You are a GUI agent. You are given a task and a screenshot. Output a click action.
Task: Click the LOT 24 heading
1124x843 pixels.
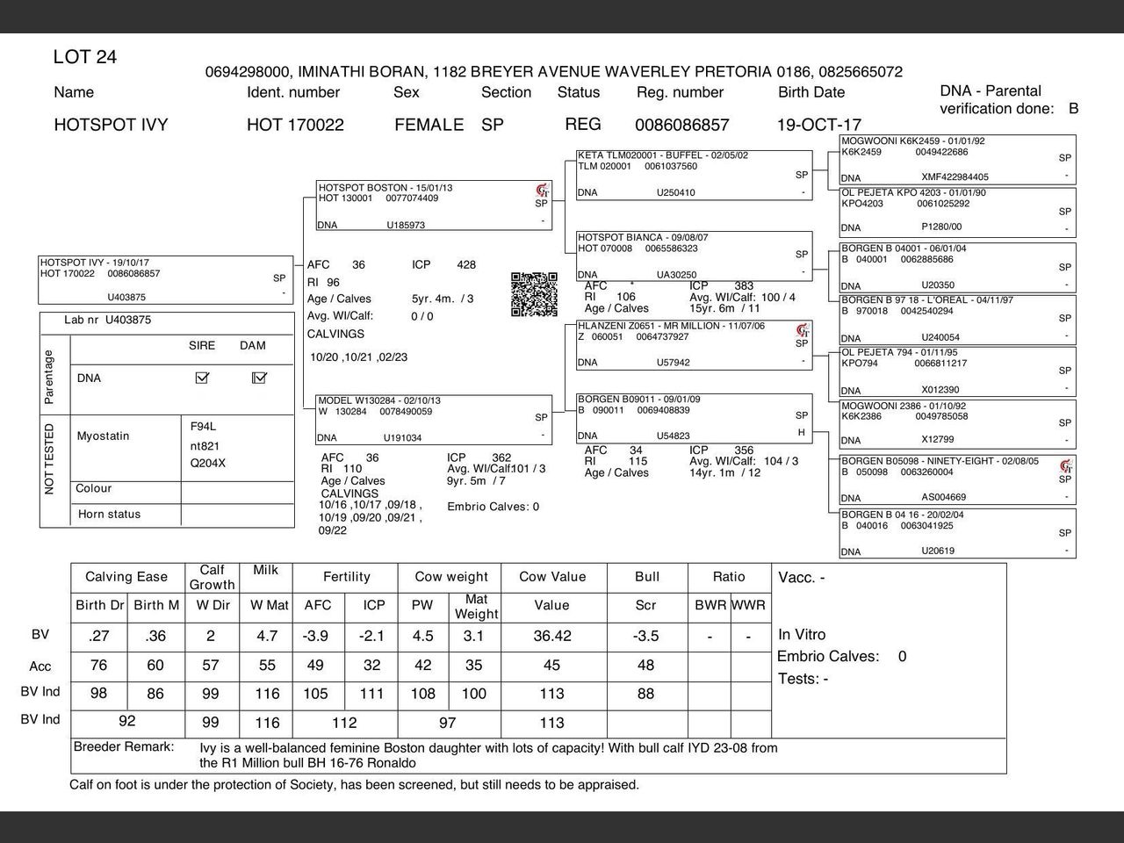coord(84,57)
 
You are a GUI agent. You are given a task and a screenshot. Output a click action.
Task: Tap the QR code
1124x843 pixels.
coord(534,294)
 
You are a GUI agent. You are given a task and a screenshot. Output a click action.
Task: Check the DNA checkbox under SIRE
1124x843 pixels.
coord(202,378)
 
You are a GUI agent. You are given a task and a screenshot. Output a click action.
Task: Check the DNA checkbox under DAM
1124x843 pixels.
coord(259,378)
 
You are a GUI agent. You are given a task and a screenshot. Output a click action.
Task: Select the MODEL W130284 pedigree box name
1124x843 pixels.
coord(379,400)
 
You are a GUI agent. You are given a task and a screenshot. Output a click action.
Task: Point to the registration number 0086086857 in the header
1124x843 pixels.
coord(681,125)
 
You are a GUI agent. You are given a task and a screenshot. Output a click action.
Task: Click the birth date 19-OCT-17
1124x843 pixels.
coord(818,125)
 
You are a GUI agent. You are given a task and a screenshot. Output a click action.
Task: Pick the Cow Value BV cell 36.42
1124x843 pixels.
coord(551,636)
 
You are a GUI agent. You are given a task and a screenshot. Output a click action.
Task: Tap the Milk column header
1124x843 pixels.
coord(265,570)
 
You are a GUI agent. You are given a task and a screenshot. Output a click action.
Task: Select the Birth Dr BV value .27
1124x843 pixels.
coord(98,636)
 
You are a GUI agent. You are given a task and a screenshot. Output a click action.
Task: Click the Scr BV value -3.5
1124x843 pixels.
coord(645,636)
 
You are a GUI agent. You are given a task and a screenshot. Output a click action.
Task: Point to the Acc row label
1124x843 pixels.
coord(40,666)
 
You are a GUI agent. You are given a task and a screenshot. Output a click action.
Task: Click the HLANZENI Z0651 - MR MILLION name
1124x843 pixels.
coord(671,326)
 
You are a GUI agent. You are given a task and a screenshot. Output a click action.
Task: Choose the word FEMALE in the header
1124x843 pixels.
coord(429,125)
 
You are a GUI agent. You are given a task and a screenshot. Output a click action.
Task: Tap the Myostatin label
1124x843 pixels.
coord(103,436)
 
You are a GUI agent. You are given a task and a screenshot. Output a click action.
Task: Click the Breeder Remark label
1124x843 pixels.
coord(124,747)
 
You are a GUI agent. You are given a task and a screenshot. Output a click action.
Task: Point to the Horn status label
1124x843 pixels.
coord(109,515)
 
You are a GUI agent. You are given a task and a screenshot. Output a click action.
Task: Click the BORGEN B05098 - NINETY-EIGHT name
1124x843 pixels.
coord(940,461)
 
